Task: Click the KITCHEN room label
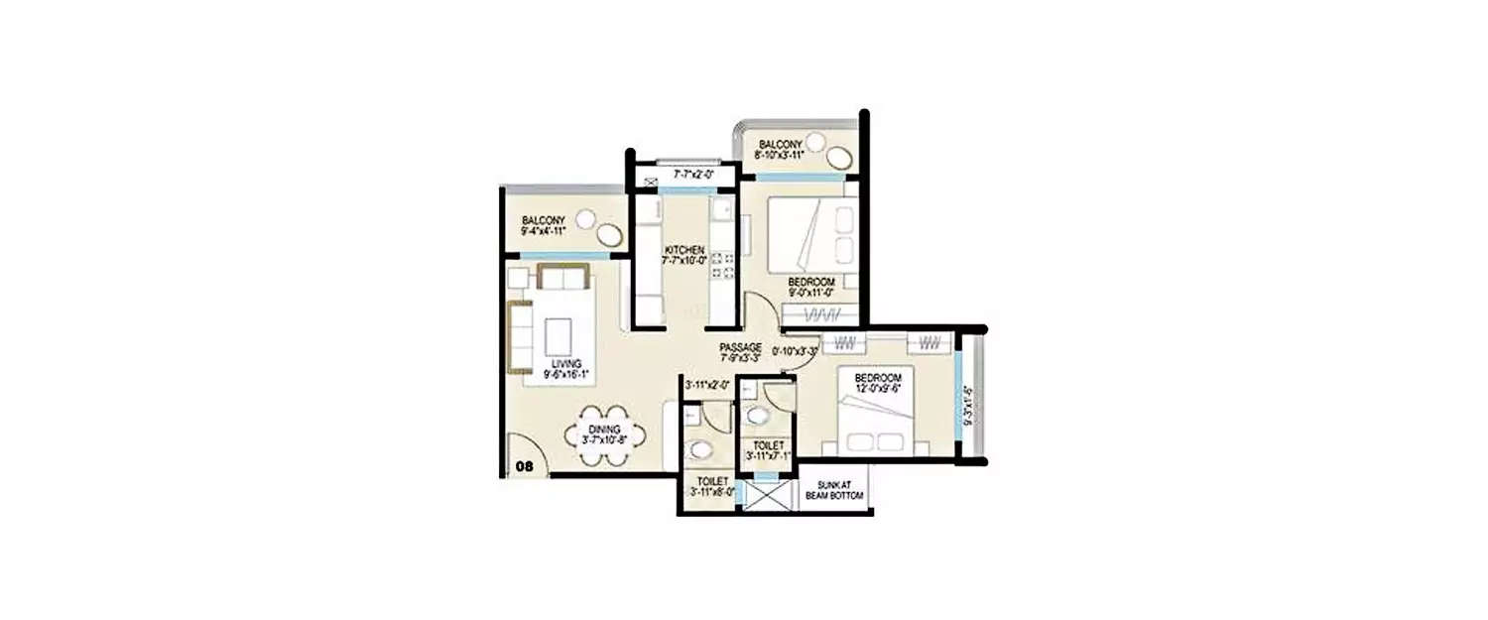684,250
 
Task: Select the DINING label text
603,429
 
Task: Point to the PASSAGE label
740,347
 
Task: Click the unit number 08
524,463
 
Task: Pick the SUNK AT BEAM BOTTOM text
834,490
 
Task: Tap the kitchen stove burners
722,265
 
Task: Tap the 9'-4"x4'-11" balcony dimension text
543,231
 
